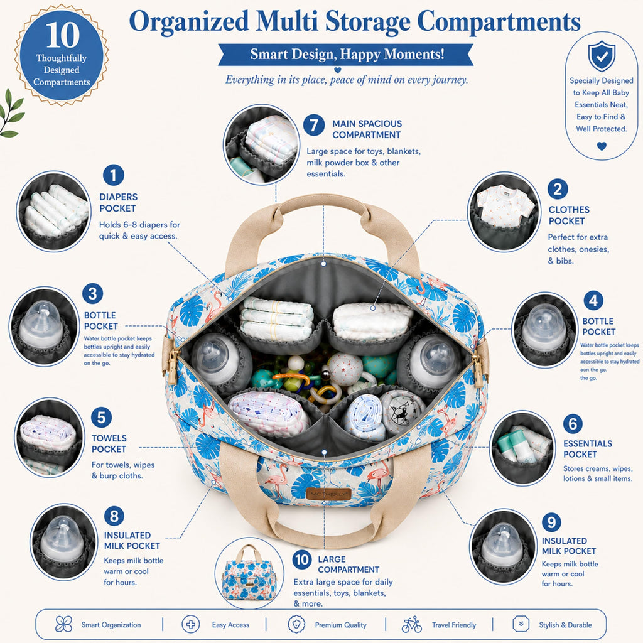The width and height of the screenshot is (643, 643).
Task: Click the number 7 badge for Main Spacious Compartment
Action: (x=314, y=125)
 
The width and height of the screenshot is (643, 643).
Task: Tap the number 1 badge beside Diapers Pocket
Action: (x=114, y=175)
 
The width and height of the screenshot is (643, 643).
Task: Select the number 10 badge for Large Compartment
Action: (x=302, y=559)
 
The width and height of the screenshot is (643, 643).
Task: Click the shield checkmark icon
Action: (x=601, y=56)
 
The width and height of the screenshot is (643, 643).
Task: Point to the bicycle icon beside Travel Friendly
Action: (x=412, y=625)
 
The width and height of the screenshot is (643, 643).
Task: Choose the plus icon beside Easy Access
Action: (x=191, y=625)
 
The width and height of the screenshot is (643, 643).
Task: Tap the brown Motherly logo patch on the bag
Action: (x=328, y=494)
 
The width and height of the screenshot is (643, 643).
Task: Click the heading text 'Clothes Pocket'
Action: (x=568, y=215)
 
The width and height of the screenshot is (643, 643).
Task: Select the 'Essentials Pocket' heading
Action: (x=587, y=448)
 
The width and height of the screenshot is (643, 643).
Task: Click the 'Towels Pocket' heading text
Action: (x=109, y=443)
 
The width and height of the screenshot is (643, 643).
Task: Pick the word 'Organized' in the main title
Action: (x=189, y=22)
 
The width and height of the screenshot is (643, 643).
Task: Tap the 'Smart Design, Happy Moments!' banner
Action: (x=346, y=55)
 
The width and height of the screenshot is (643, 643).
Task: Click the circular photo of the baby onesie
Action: (x=504, y=212)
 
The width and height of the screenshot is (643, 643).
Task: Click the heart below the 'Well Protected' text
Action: (x=601, y=146)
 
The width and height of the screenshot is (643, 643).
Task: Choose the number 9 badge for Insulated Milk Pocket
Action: (x=551, y=522)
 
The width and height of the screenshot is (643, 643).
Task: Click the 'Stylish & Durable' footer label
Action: (x=565, y=625)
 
